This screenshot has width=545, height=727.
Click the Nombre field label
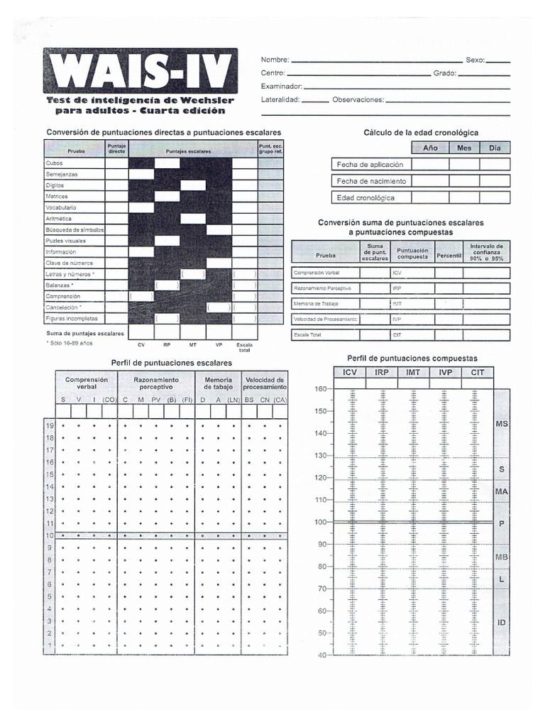[x=275, y=60]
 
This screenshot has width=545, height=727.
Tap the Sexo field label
[x=475, y=60]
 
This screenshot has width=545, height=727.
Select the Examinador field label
[x=282, y=86]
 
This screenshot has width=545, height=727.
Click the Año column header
[x=430, y=148]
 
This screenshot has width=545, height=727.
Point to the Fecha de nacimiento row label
[x=371, y=181]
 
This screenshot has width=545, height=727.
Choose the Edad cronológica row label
[x=365, y=198]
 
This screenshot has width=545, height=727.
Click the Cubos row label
[x=55, y=163]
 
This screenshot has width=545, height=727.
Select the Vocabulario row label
[x=61, y=207]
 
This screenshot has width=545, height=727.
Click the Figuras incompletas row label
[x=72, y=318]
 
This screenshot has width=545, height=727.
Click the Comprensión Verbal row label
[x=316, y=273]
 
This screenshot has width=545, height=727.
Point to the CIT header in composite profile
[x=478, y=372]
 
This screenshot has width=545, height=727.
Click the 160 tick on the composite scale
[x=321, y=389]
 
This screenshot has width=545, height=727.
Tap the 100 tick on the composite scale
[x=321, y=522]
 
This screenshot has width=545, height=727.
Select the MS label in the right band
[x=501, y=423]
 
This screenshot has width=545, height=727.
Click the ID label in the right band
[x=501, y=623]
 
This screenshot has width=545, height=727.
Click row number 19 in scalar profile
[x=50, y=426]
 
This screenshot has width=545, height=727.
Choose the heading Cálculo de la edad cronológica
[x=421, y=133]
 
